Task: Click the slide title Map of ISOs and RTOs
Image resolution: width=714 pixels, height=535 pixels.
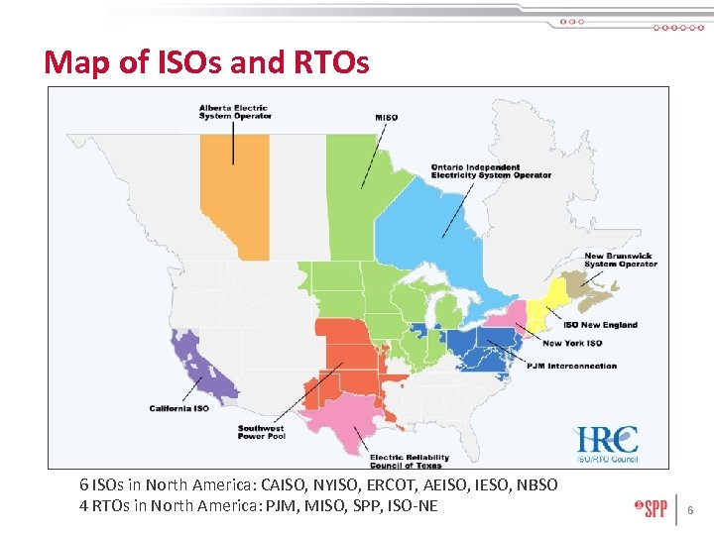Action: click(206, 63)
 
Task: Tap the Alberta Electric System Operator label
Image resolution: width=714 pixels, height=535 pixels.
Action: click(234, 111)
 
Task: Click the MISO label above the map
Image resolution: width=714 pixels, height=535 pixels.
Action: click(387, 118)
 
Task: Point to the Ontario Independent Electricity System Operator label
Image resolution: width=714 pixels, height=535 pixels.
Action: click(491, 170)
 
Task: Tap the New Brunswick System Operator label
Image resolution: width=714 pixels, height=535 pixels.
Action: click(621, 260)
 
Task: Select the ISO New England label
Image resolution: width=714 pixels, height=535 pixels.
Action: click(600, 325)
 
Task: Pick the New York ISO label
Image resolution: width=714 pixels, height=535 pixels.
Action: click(572, 344)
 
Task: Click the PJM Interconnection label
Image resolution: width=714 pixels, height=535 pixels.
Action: click(571, 366)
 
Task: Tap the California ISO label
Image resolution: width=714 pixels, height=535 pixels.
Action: click(179, 408)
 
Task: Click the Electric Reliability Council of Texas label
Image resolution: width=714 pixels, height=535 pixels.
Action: click(410, 461)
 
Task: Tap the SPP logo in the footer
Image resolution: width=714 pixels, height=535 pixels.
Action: click(651, 508)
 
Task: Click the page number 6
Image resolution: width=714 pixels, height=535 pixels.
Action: click(691, 511)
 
